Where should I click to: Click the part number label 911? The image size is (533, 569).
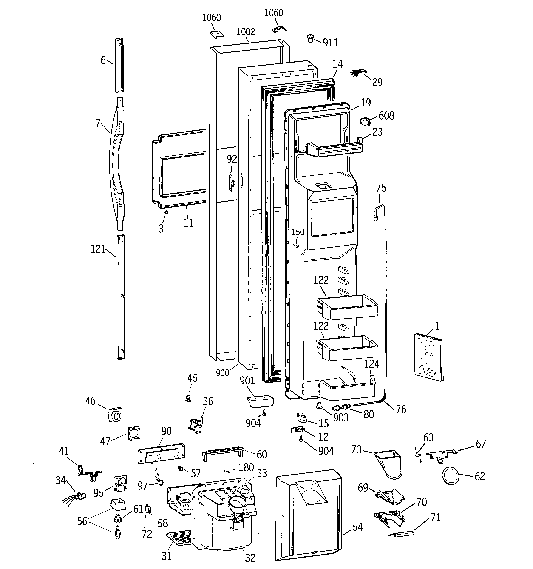(330, 43)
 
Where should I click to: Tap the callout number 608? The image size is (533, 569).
(386, 116)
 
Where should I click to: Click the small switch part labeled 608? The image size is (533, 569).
(365, 121)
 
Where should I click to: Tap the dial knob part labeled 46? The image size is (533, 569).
(115, 415)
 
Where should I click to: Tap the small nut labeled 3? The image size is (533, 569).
(166, 212)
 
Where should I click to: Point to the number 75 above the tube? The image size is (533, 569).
(381, 188)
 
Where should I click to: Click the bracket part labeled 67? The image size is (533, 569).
(441, 455)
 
